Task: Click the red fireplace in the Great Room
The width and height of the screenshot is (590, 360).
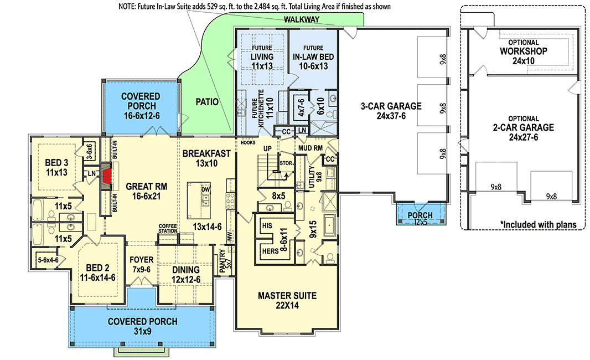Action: coord(106,176)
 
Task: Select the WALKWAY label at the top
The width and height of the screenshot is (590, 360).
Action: coord(302,19)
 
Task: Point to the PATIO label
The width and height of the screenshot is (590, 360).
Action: coord(207,102)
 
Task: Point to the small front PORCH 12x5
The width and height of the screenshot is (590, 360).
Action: coord(420,218)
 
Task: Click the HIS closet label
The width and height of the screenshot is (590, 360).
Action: coord(268,226)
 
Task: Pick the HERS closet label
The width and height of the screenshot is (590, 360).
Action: coord(270,250)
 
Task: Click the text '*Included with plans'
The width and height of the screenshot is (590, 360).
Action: coord(537,224)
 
